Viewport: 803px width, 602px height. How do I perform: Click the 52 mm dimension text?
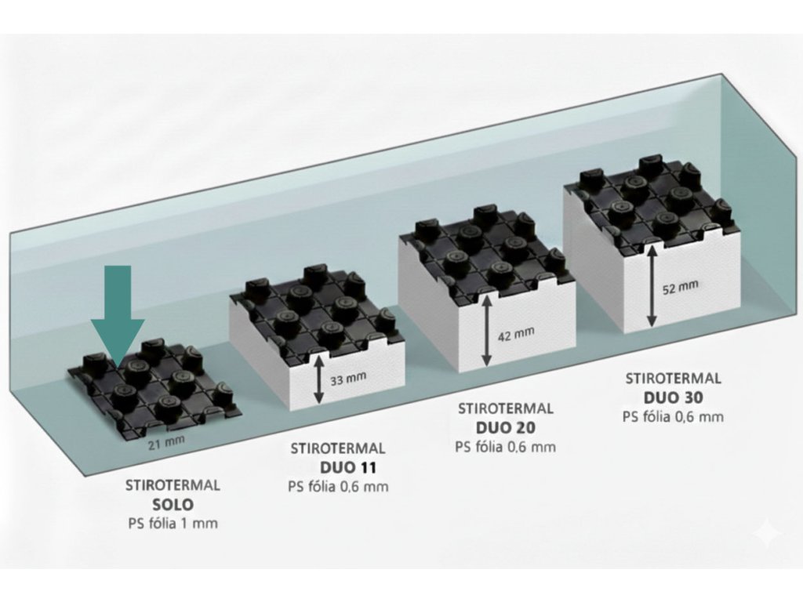click(680, 288)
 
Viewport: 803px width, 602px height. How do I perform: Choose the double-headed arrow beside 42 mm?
click(487, 334)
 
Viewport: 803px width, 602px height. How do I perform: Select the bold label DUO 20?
click(505, 428)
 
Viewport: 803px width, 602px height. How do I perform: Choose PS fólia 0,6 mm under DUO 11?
click(338, 487)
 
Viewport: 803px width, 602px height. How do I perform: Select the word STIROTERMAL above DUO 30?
click(673, 379)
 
